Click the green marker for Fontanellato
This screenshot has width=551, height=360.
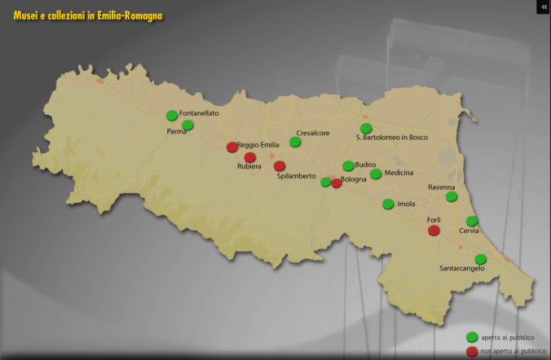click(171, 116)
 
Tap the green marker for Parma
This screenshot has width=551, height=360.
click(187, 125)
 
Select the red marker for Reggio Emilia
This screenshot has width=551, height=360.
click(232, 147)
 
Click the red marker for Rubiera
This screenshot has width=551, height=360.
click(250, 157)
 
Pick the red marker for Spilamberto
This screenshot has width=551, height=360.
click(280, 166)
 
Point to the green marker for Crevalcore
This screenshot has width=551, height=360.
click(295, 142)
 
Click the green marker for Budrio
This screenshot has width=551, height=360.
click(348, 166)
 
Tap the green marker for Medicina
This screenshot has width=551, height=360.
click(376, 174)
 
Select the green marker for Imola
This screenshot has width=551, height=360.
click(388, 204)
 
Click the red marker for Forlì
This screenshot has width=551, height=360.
click(434, 230)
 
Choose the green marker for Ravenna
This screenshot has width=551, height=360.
click(452, 196)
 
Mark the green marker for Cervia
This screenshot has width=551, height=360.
click(471, 221)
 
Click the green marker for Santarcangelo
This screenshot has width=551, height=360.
click(480, 259)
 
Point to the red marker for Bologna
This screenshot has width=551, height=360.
click(337, 183)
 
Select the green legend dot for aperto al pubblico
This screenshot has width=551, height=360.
click(471, 337)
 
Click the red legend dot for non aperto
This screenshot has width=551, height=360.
click(471, 351)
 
